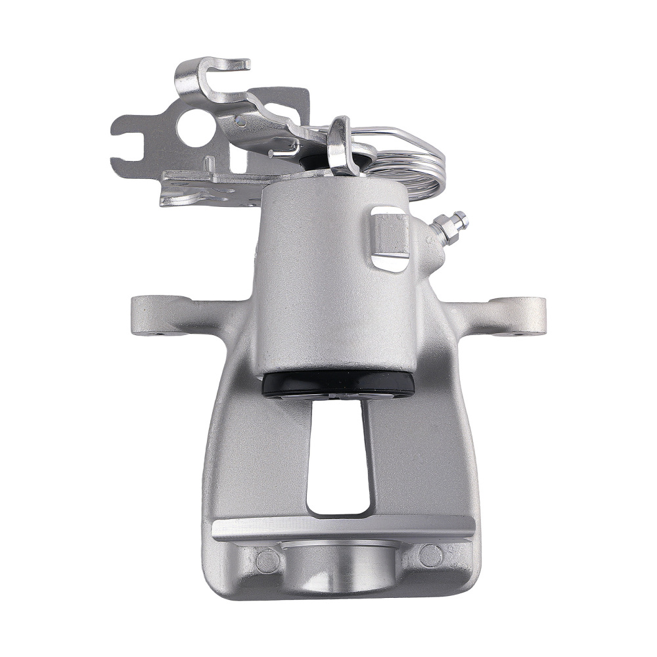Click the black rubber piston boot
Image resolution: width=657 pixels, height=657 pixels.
click(338, 384)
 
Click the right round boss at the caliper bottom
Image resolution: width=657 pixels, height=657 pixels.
click(430, 556)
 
